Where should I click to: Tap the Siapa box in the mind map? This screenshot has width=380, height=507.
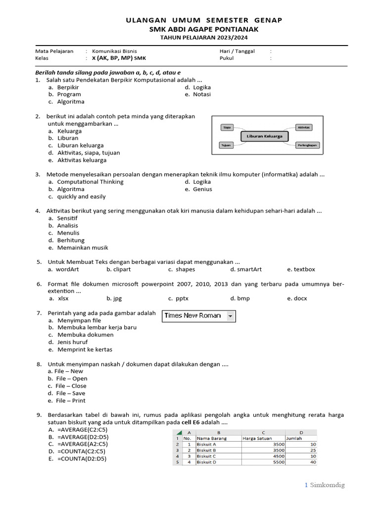[x=228, y=127]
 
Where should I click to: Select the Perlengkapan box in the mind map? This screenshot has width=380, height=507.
[x=307, y=145]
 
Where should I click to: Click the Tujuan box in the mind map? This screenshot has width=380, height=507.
[x=227, y=145]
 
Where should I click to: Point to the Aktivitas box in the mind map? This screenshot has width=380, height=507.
[x=304, y=127]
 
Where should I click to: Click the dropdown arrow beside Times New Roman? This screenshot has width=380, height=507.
[x=231, y=316]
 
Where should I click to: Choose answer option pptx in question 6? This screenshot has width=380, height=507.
[x=182, y=299]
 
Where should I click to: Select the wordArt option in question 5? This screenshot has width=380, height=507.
[x=67, y=269]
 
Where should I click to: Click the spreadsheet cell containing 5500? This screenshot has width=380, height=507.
[x=279, y=462]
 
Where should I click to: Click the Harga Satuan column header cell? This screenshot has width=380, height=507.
[x=257, y=438]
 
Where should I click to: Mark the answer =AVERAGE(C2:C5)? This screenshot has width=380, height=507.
[x=82, y=430]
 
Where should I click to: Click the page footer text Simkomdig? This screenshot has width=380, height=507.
[x=327, y=485]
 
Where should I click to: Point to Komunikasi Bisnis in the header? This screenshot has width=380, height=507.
[x=114, y=51]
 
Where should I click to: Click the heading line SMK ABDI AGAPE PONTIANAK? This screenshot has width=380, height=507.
[x=203, y=29]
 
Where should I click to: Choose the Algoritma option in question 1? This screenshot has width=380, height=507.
[x=70, y=101]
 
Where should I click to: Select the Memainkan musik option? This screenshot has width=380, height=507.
[x=82, y=248]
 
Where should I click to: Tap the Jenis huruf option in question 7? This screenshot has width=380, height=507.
[x=73, y=342]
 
